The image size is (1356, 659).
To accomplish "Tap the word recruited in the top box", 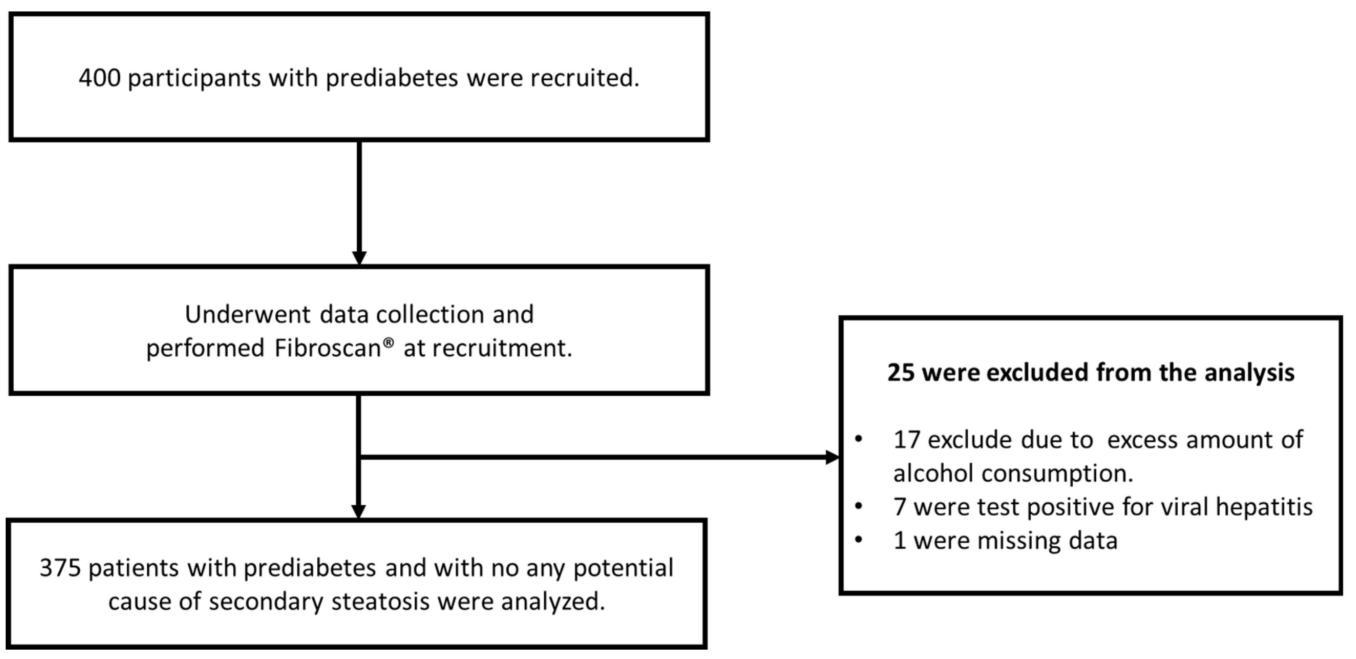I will coord(584,78).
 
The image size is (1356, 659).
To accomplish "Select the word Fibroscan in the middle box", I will coord(327,348).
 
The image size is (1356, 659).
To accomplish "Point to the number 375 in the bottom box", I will coord(60,568).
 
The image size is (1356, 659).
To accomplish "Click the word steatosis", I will coord(380,601).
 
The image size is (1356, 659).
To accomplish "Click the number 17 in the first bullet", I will coord(906,440).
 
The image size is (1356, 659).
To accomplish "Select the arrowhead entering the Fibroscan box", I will coord(359,258).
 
